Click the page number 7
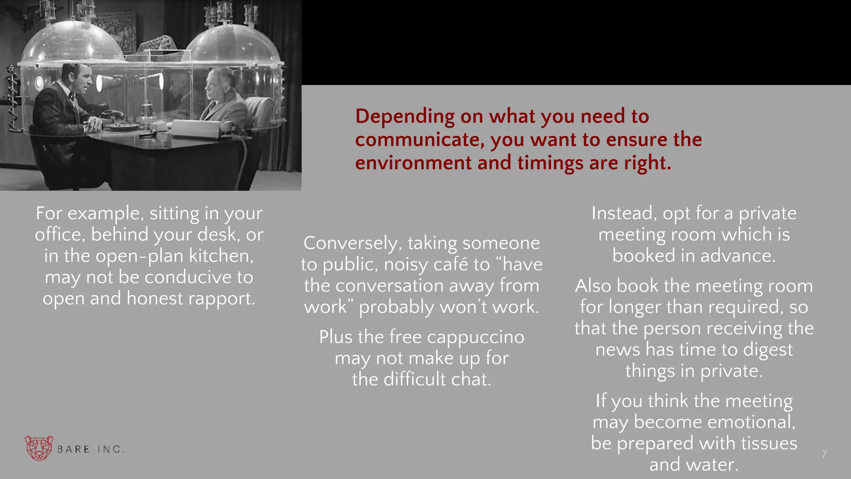coord(824,454)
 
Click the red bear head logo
coord(39,448)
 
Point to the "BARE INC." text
coord(91,449)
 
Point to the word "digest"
coord(768,350)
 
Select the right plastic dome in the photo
coord(233,46)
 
